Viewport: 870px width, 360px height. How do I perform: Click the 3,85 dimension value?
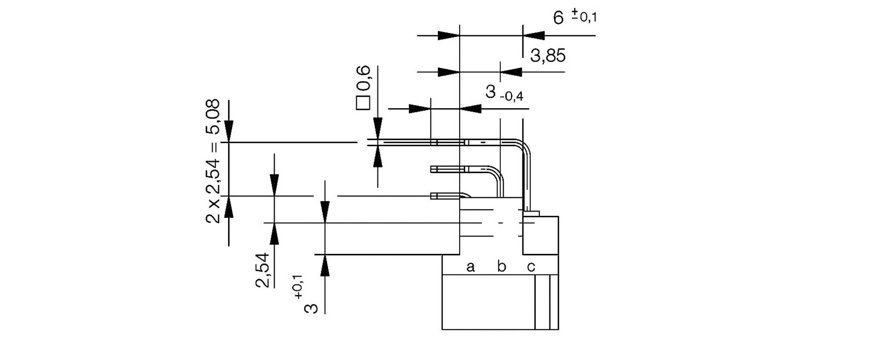[548, 56]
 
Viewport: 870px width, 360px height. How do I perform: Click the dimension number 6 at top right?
[558, 18]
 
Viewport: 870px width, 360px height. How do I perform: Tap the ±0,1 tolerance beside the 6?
[584, 16]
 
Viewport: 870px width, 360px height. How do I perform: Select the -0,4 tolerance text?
[511, 96]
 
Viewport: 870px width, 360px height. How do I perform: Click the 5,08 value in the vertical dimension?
[213, 116]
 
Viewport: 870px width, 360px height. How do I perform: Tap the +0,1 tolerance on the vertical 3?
[298, 287]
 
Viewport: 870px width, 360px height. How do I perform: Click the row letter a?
[470, 266]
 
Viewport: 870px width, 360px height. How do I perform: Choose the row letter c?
[531, 266]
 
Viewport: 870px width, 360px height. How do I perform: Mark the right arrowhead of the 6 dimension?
[534, 35]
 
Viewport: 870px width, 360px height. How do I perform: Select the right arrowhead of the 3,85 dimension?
[511, 72]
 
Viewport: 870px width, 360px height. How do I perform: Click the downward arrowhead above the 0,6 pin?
[378, 128]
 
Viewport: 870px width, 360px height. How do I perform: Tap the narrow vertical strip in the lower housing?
[542, 302]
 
